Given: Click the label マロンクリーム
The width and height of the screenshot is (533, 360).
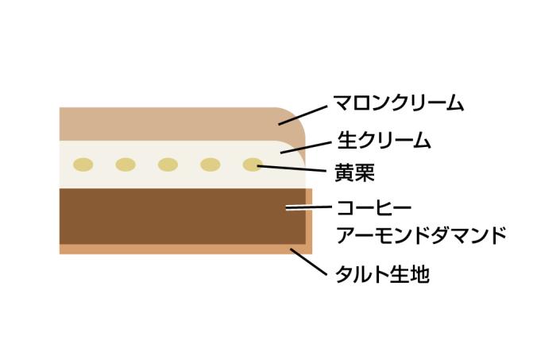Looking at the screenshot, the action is click(x=398, y=103).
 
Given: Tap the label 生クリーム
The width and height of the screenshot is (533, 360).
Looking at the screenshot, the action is click(x=384, y=141).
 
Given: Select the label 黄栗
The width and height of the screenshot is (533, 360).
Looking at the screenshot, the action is click(x=354, y=172).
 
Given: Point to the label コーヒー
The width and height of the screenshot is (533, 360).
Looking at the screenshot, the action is click(x=374, y=207).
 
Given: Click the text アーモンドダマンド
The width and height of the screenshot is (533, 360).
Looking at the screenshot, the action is click(x=422, y=234).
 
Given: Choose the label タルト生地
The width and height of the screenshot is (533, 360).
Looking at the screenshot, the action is click(x=382, y=274).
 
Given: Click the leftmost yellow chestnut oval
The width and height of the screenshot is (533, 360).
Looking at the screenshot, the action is click(x=83, y=165).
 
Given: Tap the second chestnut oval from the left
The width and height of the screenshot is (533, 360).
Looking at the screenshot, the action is click(x=126, y=165).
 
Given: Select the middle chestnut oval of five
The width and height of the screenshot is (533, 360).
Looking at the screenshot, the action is click(x=168, y=165).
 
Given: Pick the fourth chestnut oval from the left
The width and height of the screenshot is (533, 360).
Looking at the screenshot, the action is click(x=210, y=165).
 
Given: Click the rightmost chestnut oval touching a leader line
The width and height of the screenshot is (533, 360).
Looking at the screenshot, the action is click(x=253, y=165).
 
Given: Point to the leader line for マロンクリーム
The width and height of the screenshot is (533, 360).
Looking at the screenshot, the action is click(x=303, y=115).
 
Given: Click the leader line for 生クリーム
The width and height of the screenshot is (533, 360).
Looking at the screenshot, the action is click(x=306, y=148).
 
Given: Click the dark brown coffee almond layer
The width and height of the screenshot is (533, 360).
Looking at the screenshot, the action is click(x=183, y=216).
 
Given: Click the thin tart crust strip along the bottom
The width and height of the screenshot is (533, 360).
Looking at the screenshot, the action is click(x=186, y=250).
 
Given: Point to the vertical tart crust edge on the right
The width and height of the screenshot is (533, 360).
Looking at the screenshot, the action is click(x=309, y=221).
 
